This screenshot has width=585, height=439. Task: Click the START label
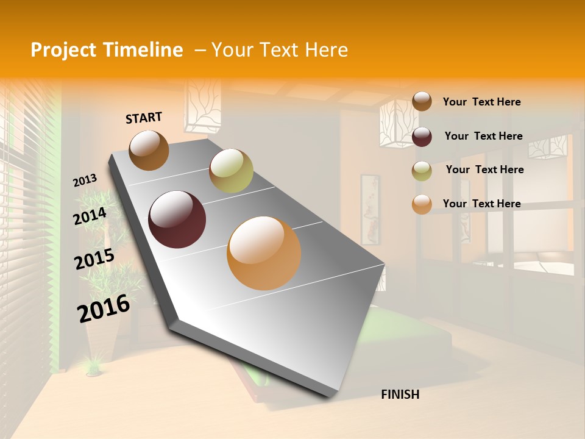(x=144, y=118)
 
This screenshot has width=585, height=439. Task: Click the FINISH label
(x=400, y=394)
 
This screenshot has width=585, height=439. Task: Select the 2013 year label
(x=85, y=180)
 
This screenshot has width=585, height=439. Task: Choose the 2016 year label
(x=104, y=308)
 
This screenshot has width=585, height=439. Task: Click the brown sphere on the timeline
(x=149, y=150)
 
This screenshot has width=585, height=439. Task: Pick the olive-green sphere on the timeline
(x=231, y=171)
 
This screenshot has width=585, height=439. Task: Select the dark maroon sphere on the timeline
(x=177, y=220)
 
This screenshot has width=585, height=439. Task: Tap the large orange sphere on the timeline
(x=264, y=253)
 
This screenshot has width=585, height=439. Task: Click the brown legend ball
(x=422, y=102)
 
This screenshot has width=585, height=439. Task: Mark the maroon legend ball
(x=422, y=137)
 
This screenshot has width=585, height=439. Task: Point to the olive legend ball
(x=422, y=171)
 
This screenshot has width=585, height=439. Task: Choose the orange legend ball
(x=422, y=204)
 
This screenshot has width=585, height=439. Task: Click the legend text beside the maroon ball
(x=483, y=136)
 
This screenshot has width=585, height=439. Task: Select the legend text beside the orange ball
(x=481, y=204)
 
